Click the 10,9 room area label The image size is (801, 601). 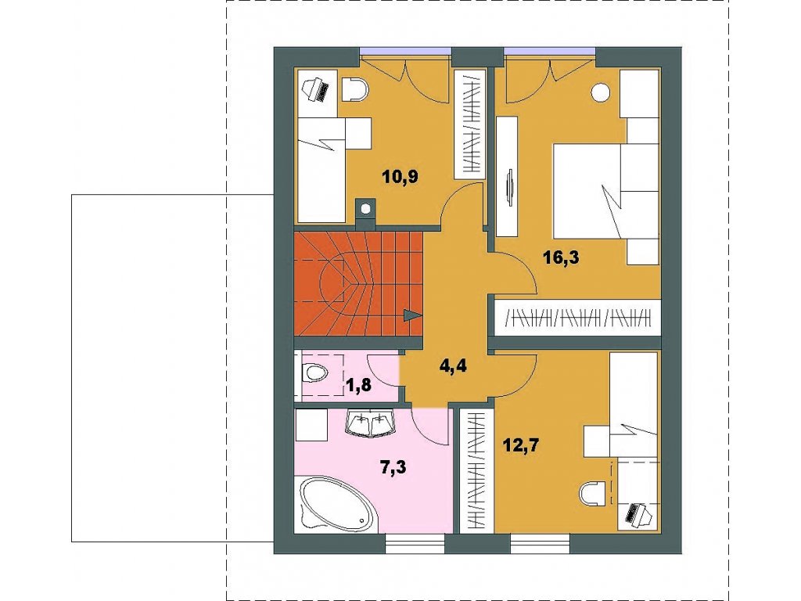(400, 178)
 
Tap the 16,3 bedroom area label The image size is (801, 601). (561, 257)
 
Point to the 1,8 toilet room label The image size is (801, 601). (361, 384)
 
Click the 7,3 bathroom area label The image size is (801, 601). (393, 466)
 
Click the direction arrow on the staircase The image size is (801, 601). (412, 315)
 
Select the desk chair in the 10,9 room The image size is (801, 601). (354, 90)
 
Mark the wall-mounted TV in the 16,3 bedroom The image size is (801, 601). (510, 188)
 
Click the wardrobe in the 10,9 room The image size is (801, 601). (469, 124)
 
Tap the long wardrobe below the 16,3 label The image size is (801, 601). (578, 318)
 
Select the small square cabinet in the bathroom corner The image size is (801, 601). (312, 425)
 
